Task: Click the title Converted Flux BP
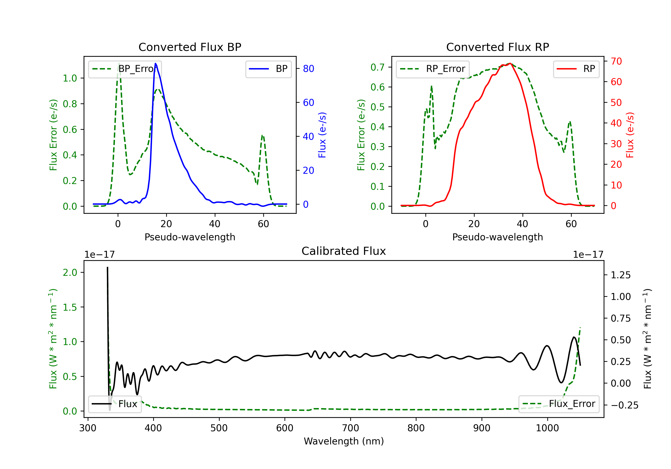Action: (x=190, y=47)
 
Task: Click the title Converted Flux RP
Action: (x=497, y=47)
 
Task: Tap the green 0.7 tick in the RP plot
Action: (x=377, y=67)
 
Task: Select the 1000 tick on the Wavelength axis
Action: (x=547, y=428)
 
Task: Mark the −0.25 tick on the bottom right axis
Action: (x=624, y=405)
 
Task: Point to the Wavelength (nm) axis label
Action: (x=344, y=441)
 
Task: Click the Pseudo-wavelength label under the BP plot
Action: (x=190, y=237)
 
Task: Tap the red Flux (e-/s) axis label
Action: (x=630, y=135)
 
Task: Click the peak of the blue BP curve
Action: (x=155, y=63)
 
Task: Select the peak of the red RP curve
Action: (x=510, y=63)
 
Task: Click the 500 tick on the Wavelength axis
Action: (x=219, y=428)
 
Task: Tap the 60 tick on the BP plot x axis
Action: (x=263, y=224)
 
